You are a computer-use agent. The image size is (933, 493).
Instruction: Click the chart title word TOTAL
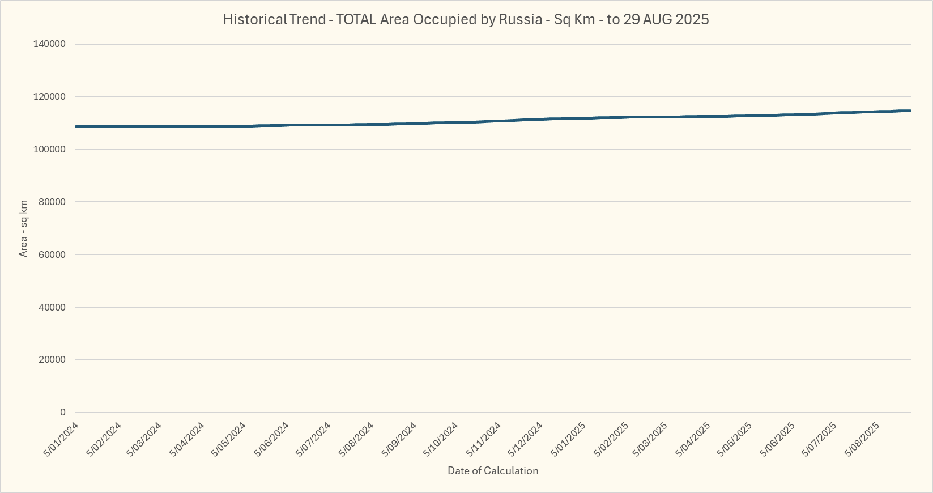click(356, 19)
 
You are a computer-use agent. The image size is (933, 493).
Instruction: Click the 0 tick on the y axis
click(63, 413)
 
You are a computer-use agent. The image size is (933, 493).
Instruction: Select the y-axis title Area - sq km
click(23, 228)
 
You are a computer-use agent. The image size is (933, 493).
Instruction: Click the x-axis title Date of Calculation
click(493, 471)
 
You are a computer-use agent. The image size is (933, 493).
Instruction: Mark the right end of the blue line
click(910, 110)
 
